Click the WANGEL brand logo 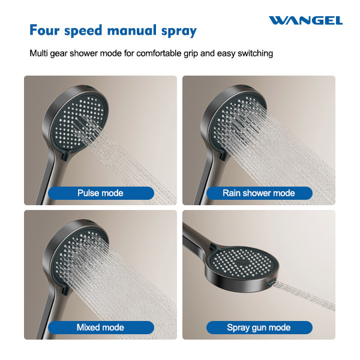click(305, 20)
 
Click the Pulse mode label click(100, 193)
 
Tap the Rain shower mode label click(259, 193)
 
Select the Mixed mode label click(100, 328)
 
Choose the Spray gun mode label click(259, 328)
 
